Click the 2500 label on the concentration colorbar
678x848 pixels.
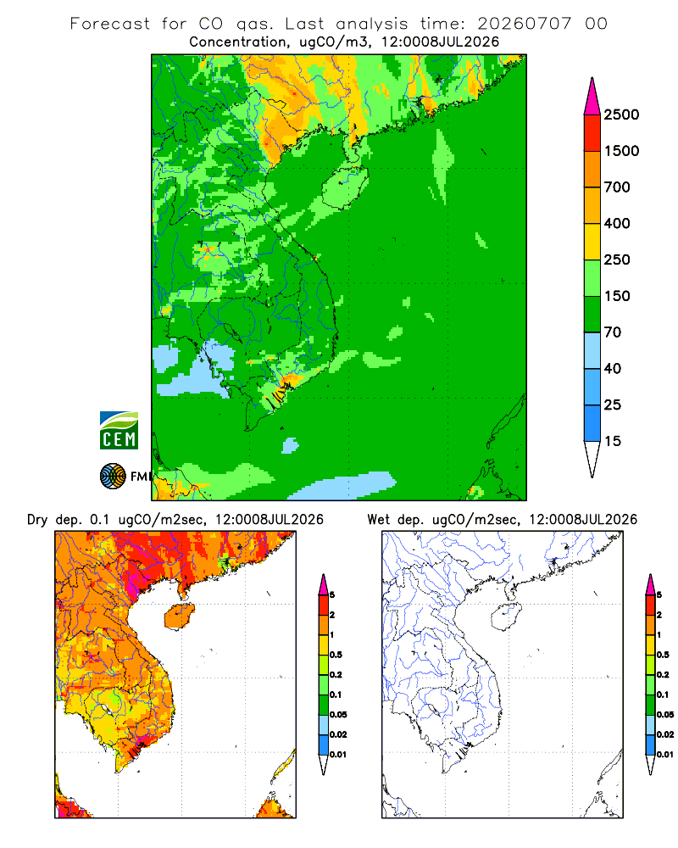[x=621, y=114]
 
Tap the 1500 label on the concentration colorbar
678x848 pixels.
[x=621, y=151]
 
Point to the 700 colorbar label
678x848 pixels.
[x=617, y=187]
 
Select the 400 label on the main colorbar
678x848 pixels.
[x=617, y=223]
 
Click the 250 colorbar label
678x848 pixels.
[x=617, y=259]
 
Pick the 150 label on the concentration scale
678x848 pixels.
[x=617, y=296]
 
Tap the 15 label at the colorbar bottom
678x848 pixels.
[x=613, y=441]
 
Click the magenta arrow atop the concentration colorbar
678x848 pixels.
[x=592, y=97]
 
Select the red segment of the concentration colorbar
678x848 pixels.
[x=592, y=133]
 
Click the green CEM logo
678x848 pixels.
[x=119, y=431]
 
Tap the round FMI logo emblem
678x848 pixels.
[x=113, y=477]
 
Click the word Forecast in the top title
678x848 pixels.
[x=110, y=24]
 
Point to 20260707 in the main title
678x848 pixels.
[x=524, y=24]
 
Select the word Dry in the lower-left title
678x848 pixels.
[x=38, y=520]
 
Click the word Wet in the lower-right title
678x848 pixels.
[x=378, y=520]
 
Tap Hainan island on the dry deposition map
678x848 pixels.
[x=179, y=616]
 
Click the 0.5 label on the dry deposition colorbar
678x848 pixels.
[x=336, y=655]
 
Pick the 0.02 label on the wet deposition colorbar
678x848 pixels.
[x=665, y=734]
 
